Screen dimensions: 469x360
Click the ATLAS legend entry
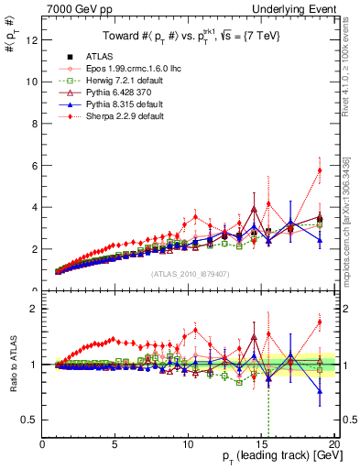pos(98,57)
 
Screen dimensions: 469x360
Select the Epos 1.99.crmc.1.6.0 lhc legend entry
pos(127,69)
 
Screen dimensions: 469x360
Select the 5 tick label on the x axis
pos(115,444)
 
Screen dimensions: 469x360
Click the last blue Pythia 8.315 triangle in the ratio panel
pos(320,391)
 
